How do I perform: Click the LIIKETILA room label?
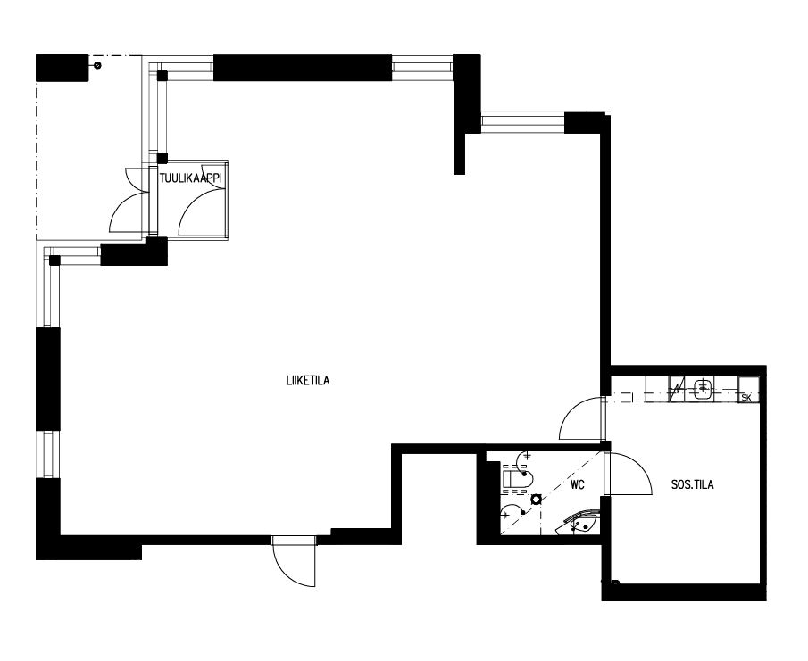pos(308,381)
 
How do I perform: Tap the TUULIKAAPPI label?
pos(191,178)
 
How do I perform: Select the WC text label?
pos(578,485)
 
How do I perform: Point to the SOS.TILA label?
pos(693,484)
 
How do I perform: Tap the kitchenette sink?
pos(703,388)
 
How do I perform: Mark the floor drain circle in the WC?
pos(536,499)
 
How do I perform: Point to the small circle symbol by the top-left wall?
pos(97,65)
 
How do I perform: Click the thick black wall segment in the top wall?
pos(303,68)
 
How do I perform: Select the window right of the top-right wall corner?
pos(522,120)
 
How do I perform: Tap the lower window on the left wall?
pos(48,454)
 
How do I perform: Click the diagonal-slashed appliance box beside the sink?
pos(678,389)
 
